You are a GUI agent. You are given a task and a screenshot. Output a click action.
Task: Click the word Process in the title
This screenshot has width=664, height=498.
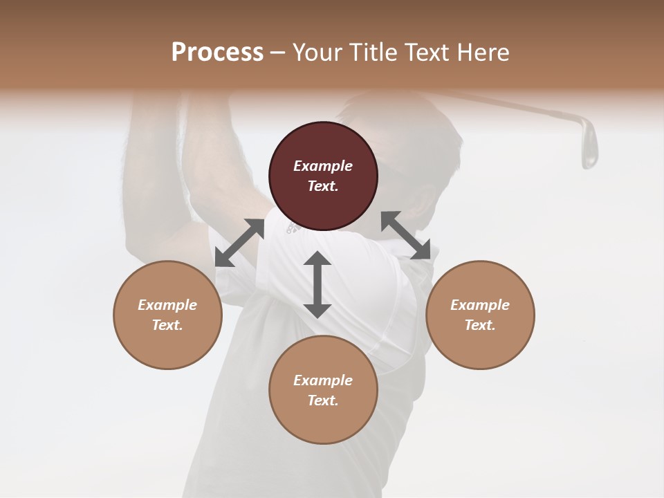217,52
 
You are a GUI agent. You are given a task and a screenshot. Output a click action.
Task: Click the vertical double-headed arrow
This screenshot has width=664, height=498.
317,284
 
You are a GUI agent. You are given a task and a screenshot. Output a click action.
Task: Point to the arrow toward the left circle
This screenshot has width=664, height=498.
239,243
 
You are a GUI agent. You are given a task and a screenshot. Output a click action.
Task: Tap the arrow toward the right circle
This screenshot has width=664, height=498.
406,235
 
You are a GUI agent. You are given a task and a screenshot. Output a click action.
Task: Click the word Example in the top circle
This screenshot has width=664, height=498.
323,166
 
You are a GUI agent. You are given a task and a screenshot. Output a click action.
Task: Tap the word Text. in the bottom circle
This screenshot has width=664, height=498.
323,400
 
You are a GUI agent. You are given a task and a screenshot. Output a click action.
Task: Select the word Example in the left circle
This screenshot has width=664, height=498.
167,305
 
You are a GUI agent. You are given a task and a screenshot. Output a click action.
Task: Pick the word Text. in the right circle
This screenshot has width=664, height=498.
480,325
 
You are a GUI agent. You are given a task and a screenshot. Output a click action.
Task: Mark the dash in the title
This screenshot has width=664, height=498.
278,53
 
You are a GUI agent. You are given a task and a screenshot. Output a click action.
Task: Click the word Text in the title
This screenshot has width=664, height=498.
428,52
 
